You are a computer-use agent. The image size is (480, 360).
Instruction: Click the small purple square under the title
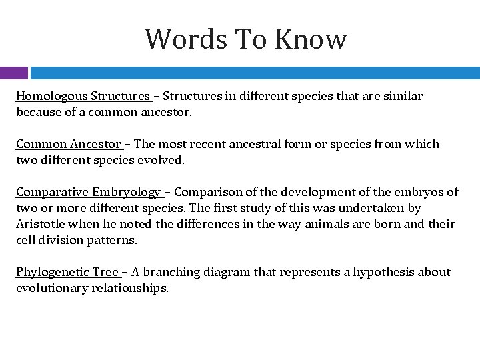coord(14,73)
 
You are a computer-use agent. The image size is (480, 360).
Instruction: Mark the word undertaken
coord(364,208)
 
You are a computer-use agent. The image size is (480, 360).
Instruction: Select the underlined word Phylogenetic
coord(49,273)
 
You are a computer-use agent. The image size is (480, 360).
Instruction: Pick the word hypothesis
coord(384,273)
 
